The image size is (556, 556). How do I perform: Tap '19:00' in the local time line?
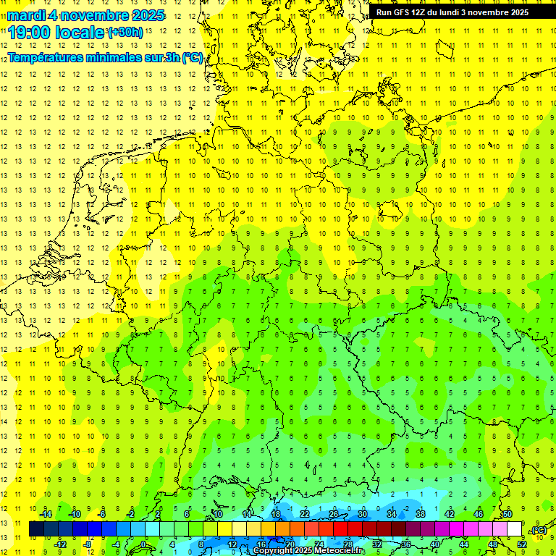[30, 33]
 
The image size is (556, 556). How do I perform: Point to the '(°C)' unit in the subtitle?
[192, 57]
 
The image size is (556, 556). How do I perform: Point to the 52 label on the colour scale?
[522, 544]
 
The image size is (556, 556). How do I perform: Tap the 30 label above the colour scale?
[362, 514]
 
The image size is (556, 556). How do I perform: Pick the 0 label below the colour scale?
[143, 544]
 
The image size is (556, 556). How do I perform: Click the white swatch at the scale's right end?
[515, 529]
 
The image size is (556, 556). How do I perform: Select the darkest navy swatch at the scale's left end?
[36, 529]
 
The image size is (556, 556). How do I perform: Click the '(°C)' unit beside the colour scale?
[539, 530]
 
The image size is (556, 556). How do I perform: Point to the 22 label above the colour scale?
[304, 514]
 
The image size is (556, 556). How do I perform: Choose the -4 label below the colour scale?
[115, 544]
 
